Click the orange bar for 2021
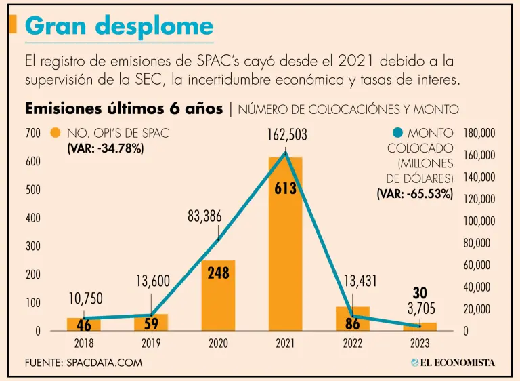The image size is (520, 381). [285, 258]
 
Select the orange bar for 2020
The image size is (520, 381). [218, 302]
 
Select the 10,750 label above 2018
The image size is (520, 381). [87, 298]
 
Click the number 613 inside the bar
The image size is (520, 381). [285, 189]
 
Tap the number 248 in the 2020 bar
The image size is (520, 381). [219, 273]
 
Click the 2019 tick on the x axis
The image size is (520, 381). [151, 344]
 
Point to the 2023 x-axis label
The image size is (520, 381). [420, 344]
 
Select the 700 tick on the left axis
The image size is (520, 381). [33, 134]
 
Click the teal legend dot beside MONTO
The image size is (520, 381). [397, 134]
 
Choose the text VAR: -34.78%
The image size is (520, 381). [105, 148]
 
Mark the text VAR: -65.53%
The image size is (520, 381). [415, 193]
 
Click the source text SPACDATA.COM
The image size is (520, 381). [105, 363]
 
